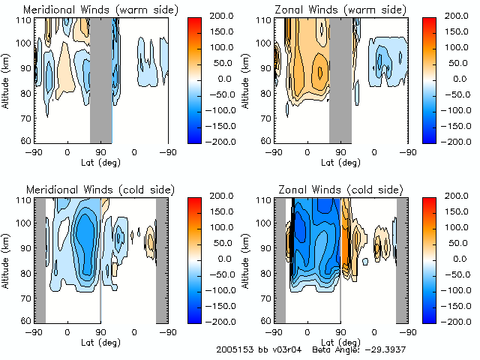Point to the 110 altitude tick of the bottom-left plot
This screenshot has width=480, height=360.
pos(24,201)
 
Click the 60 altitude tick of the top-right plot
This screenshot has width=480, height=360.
pos(265,140)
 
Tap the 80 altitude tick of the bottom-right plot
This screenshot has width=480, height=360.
pos(265,272)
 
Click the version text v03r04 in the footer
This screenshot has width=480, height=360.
pos(289,350)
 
